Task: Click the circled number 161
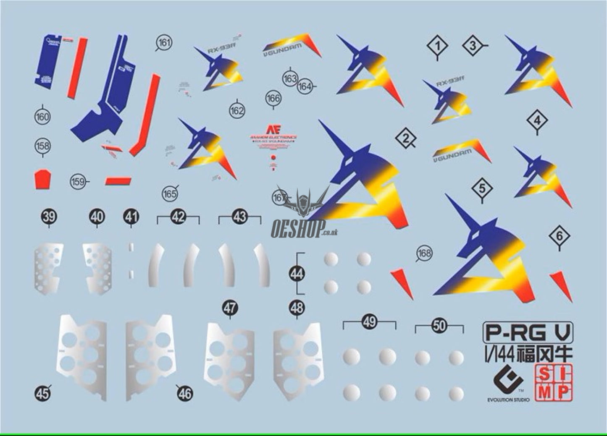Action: (164, 42)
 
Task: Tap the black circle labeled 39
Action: (49, 217)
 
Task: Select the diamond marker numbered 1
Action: (437, 46)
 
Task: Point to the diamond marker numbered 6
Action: (559, 237)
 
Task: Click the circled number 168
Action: (424, 253)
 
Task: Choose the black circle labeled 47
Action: (229, 308)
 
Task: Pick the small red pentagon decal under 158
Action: (43, 180)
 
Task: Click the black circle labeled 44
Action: (297, 274)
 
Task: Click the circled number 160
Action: (42, 117)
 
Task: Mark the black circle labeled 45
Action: (42, 393)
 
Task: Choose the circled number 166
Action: (273, 99)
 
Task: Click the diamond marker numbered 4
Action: (537, 121)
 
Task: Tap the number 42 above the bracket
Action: (178, 217)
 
